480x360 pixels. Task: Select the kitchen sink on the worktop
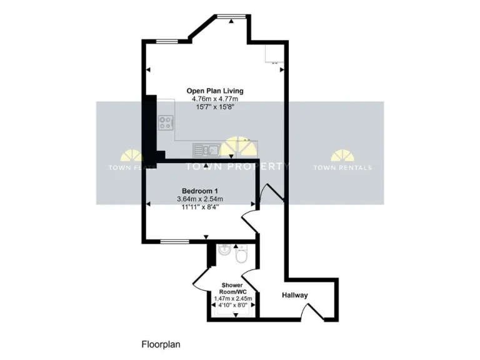(206, 149)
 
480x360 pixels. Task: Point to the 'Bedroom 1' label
(199, 191)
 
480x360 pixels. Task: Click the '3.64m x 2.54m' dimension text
(199, 199)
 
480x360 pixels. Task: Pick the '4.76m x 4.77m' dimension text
(214, 99)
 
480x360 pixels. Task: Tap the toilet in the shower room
(241, 256)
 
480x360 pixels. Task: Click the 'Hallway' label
(294, 295)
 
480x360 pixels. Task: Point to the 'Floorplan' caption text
(160, 343)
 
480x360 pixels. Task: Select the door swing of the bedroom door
(249, 219)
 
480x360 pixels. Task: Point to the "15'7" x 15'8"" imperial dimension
(214, 107)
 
